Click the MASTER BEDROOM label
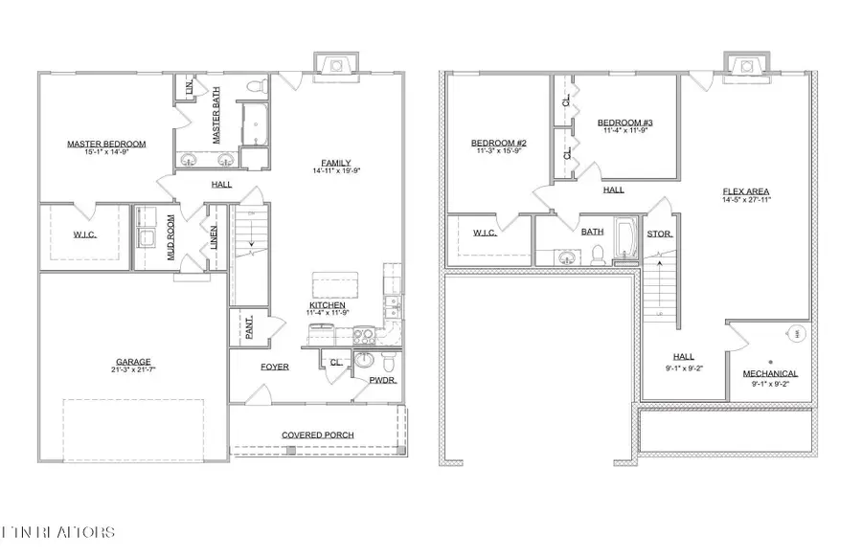click(x=106, y=145)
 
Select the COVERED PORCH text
click(x=317, y=434)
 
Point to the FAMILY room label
click(x=335, y=163)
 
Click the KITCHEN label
click(x=327, y=305)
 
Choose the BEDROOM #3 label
click(x=625, y=123)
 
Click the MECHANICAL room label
click(x=770, y=373)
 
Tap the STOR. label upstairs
click(x=660, y=234)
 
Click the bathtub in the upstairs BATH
click(x=625, y=240)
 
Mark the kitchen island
click(x=332, y=285)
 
